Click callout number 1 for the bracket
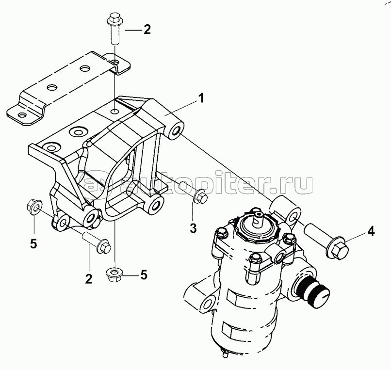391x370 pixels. pyautogui.click(x=201, y=98)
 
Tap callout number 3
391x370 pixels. pyautogui.click(x=193, y=228)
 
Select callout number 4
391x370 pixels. pyautogui.click(x=371, y=232)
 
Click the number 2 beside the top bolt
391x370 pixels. pyautogui.click(x=147, y=30)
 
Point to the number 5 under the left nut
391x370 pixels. pyautogui.click(x=33, y=243)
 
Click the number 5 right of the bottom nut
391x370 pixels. pyautogui.click(x=144, y=275)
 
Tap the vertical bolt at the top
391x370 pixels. pyautogui.click(x=114, y=29)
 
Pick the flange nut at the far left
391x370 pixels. pyautogui.click(x=34, y=206)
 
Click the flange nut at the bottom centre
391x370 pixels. pyautogui.click(x=114, y=274)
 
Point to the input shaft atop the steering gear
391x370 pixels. pyautogui.click(x=258, y=218)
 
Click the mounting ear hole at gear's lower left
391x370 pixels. pyautogui.click(x=208, y=304)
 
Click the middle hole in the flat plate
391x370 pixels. pyautogui.click(x=52, y=87)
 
